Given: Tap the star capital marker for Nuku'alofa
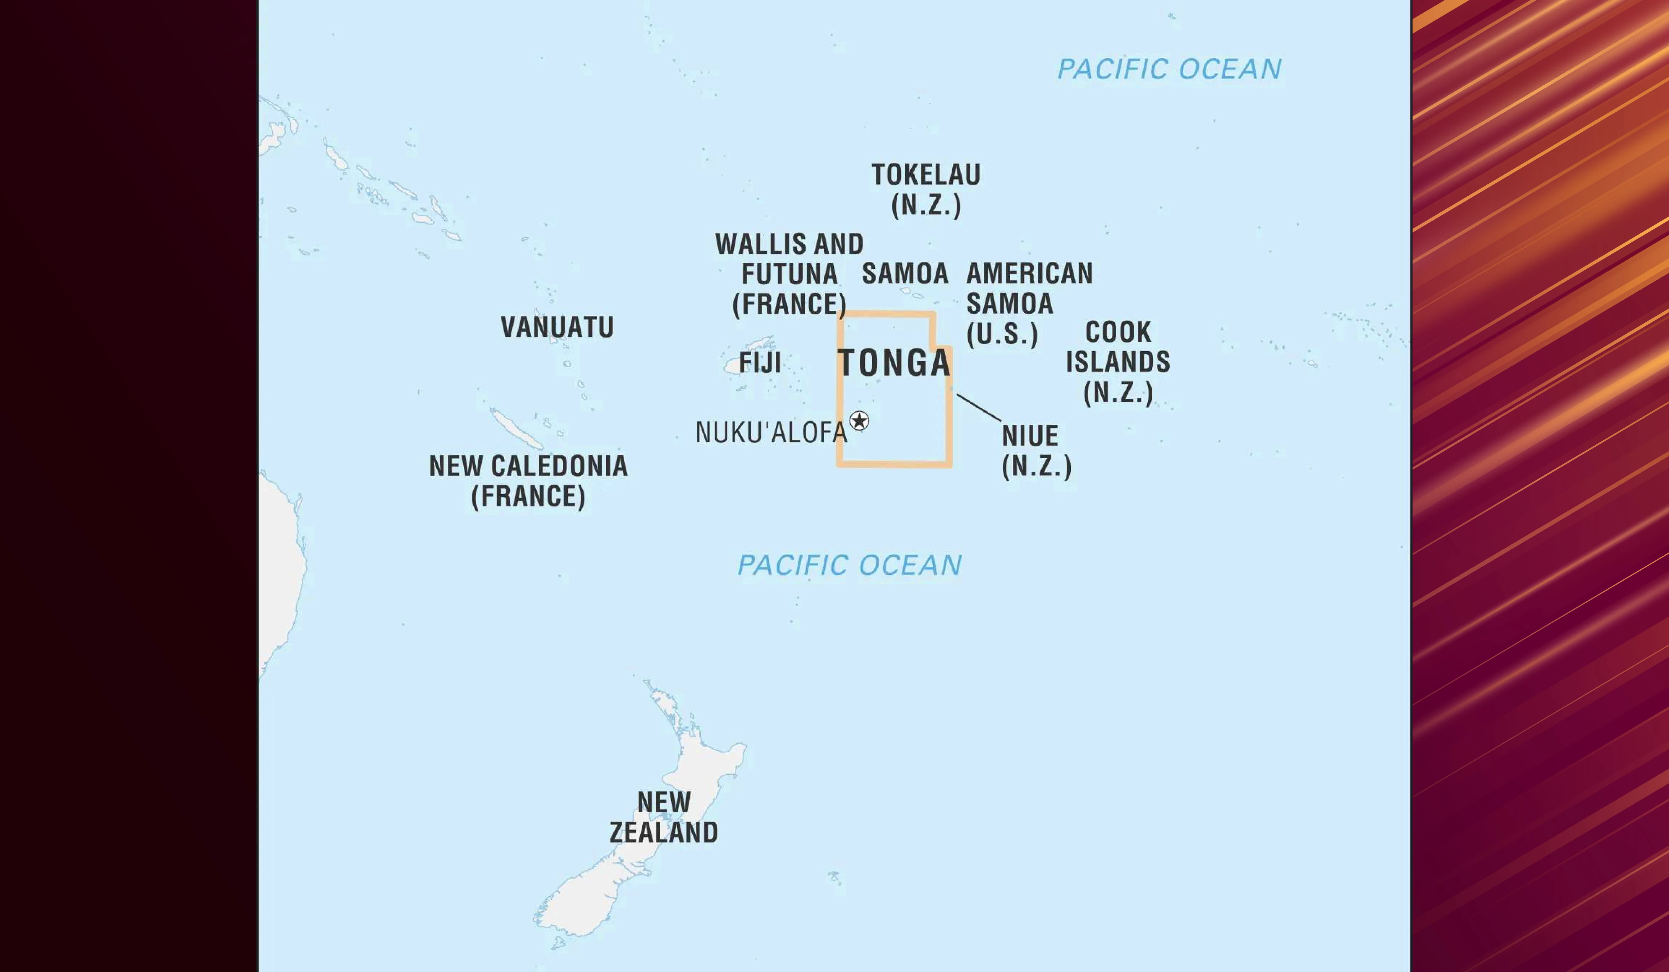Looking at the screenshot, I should pyautogui.click(x=859, y=420).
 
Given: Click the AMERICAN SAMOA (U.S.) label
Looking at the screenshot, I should pyautogui.click(x=1029, y=303).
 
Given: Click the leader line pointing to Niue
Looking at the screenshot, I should pyautogui.click(x=979, y=407).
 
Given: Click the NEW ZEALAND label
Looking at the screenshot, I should pyautogui.click(x=664, y=817).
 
